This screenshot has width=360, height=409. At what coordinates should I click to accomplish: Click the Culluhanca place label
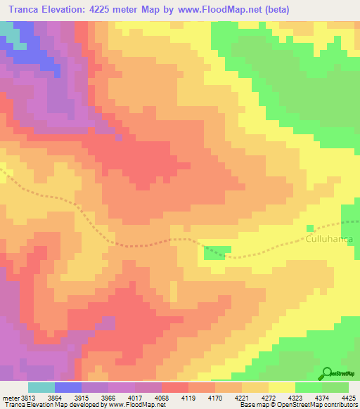click(x=329, y=239)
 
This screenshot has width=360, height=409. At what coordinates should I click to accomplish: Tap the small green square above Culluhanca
click(x=309, y=228)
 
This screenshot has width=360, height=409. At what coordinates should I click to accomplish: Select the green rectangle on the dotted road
click(x=218, y=251)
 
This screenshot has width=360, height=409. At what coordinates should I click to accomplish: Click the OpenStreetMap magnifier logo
click(x=326, y=373)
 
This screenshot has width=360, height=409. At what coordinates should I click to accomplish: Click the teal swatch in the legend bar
click(x=41, y=387)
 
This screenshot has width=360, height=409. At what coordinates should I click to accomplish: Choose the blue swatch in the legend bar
click(x=68, y=387)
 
